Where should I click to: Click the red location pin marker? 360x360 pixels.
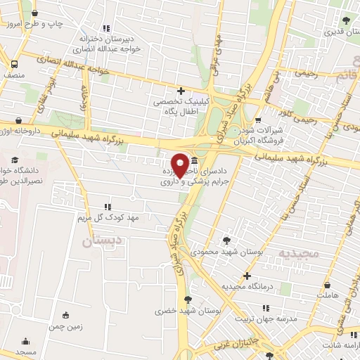(x=181, y=165)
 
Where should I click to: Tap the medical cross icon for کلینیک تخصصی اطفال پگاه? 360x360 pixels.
(x=181, y=91)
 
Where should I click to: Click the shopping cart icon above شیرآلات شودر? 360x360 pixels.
(x=258, y=120)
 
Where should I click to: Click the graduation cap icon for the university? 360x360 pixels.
(x=15, y=159)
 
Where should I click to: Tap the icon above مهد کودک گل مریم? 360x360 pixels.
(x=107, y=207)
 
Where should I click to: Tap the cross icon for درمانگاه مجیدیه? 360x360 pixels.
(x=246, y=276)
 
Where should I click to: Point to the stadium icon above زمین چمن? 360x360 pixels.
(x=66, y=315)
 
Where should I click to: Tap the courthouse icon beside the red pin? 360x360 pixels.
(x=193, y=162)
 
